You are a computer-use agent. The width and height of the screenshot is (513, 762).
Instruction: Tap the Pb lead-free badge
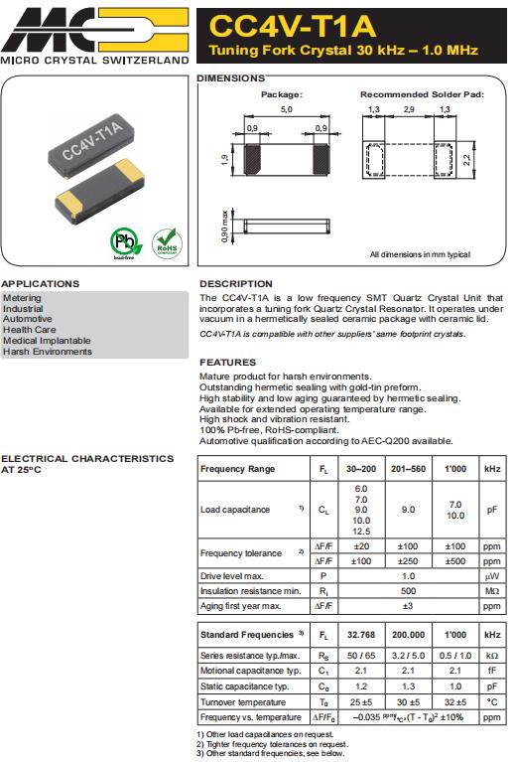point(124,242)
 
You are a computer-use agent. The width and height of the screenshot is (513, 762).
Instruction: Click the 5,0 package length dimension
point(287,108)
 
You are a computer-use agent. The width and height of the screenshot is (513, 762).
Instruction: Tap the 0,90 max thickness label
point(225,228)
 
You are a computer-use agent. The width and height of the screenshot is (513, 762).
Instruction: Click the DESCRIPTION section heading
point(235,284)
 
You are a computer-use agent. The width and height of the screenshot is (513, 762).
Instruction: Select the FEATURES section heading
point(227,363)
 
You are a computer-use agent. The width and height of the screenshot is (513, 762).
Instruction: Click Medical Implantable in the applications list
point(47,341)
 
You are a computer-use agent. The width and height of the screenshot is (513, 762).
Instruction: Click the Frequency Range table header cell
point(238,468)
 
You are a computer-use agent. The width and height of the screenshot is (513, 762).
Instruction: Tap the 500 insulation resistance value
point(406,590)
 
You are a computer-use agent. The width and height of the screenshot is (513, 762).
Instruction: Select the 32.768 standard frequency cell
point(359,634)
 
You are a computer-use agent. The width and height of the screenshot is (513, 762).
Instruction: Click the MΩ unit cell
point(491,590)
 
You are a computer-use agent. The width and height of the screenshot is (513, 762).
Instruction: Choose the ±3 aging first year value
point(406,605)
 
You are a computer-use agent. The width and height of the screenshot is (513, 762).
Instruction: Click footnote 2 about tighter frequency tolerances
point(273,744)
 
